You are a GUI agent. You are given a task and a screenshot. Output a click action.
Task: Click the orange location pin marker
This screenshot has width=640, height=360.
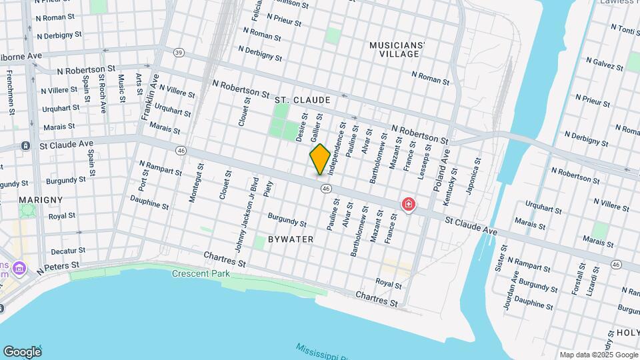(x=320, y=159)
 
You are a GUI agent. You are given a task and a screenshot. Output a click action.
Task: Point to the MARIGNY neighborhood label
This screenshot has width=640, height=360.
(x=41, y=199)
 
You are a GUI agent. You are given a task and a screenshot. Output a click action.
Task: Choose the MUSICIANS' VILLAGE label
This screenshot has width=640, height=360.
(x=397, y=49)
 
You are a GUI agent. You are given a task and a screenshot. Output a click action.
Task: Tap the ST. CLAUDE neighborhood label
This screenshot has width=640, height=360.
(x=302, y=100)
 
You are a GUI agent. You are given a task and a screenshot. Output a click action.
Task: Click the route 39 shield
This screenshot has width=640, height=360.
(x=178, y=52)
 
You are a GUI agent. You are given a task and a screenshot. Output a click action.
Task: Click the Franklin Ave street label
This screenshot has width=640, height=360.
(x=149, y=97)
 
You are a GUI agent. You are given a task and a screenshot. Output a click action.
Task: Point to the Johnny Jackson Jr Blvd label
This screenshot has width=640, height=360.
(x=245, y=214)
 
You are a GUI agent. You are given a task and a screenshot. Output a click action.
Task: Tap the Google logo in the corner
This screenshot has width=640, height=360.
(x=22, y=351)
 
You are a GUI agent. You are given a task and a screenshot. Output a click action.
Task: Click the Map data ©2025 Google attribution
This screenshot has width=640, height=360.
(x=598, y=355)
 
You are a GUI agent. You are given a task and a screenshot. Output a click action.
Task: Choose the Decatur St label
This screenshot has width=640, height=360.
(x=69, y=251)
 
